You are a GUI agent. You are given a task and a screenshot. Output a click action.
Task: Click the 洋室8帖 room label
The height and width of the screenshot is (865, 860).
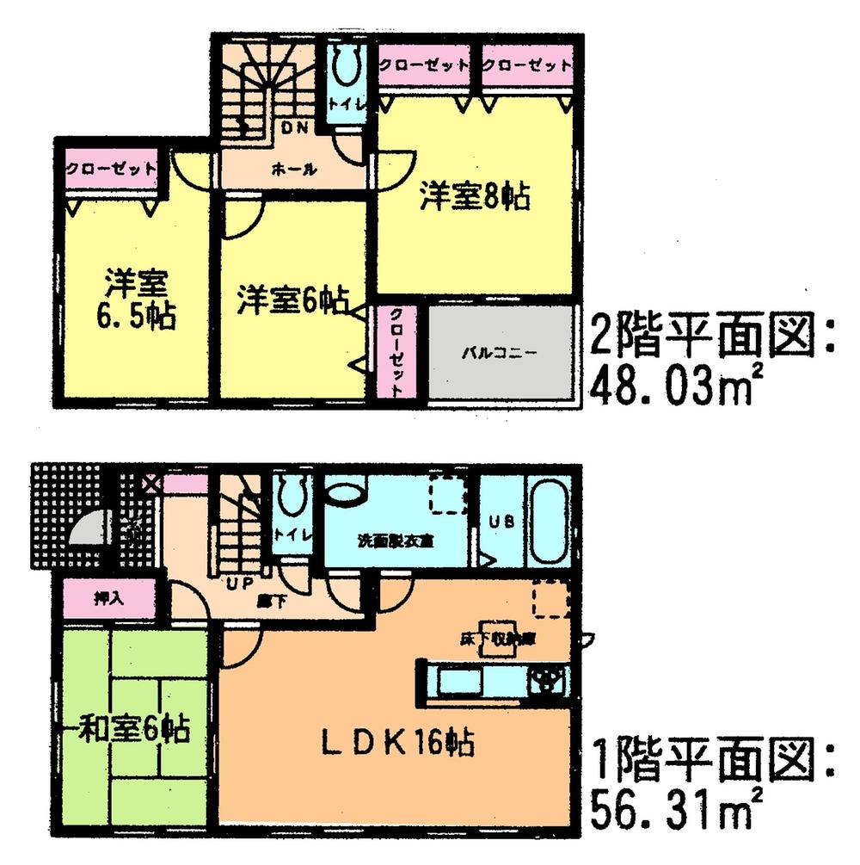[473, 196]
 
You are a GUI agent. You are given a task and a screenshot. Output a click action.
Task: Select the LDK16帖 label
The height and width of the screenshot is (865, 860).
[400, 742]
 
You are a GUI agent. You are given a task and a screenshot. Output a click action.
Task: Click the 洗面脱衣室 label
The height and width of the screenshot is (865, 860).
[395, 541]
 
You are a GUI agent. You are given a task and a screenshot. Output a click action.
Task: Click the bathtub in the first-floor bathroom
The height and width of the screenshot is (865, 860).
[545, 522]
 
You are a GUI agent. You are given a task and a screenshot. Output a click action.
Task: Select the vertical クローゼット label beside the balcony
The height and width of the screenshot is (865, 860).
[395, 353]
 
